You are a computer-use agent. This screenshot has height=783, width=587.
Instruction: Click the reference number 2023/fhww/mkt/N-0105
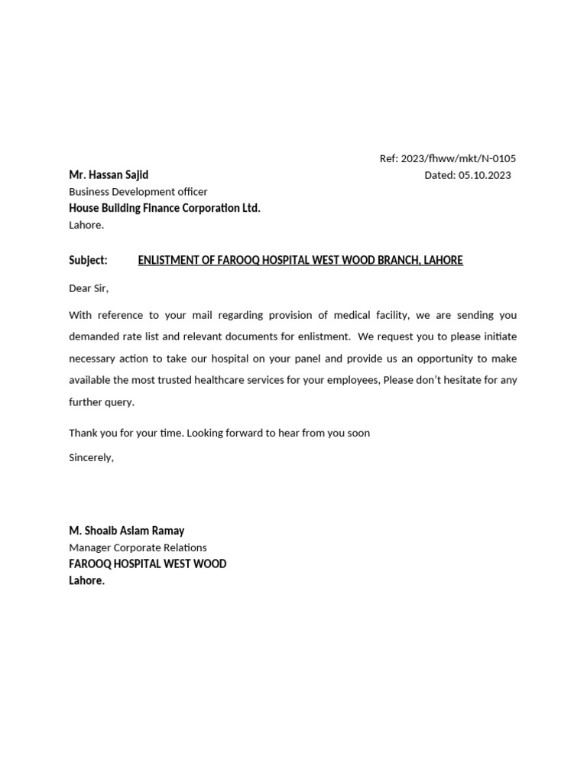coord(458,159)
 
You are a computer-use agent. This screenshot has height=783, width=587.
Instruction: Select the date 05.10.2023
coord(486,175)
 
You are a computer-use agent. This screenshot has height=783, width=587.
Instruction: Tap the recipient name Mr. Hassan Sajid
coord(109,175)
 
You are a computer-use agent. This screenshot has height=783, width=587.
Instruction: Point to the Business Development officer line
coord(138,192)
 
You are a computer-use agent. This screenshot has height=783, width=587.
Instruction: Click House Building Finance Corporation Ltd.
coord(164,208)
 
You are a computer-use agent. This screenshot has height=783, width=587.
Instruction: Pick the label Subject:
coord(88,260)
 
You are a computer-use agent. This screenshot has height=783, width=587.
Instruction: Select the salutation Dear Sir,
coord(89,288)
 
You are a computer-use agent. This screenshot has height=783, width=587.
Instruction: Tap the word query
coord(122,402)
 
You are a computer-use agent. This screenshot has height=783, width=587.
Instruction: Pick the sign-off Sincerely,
coord(91,457)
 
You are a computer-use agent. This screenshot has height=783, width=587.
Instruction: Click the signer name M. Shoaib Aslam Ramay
coord(126,531)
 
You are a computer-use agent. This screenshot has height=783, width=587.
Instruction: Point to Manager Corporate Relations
coord(138,547)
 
